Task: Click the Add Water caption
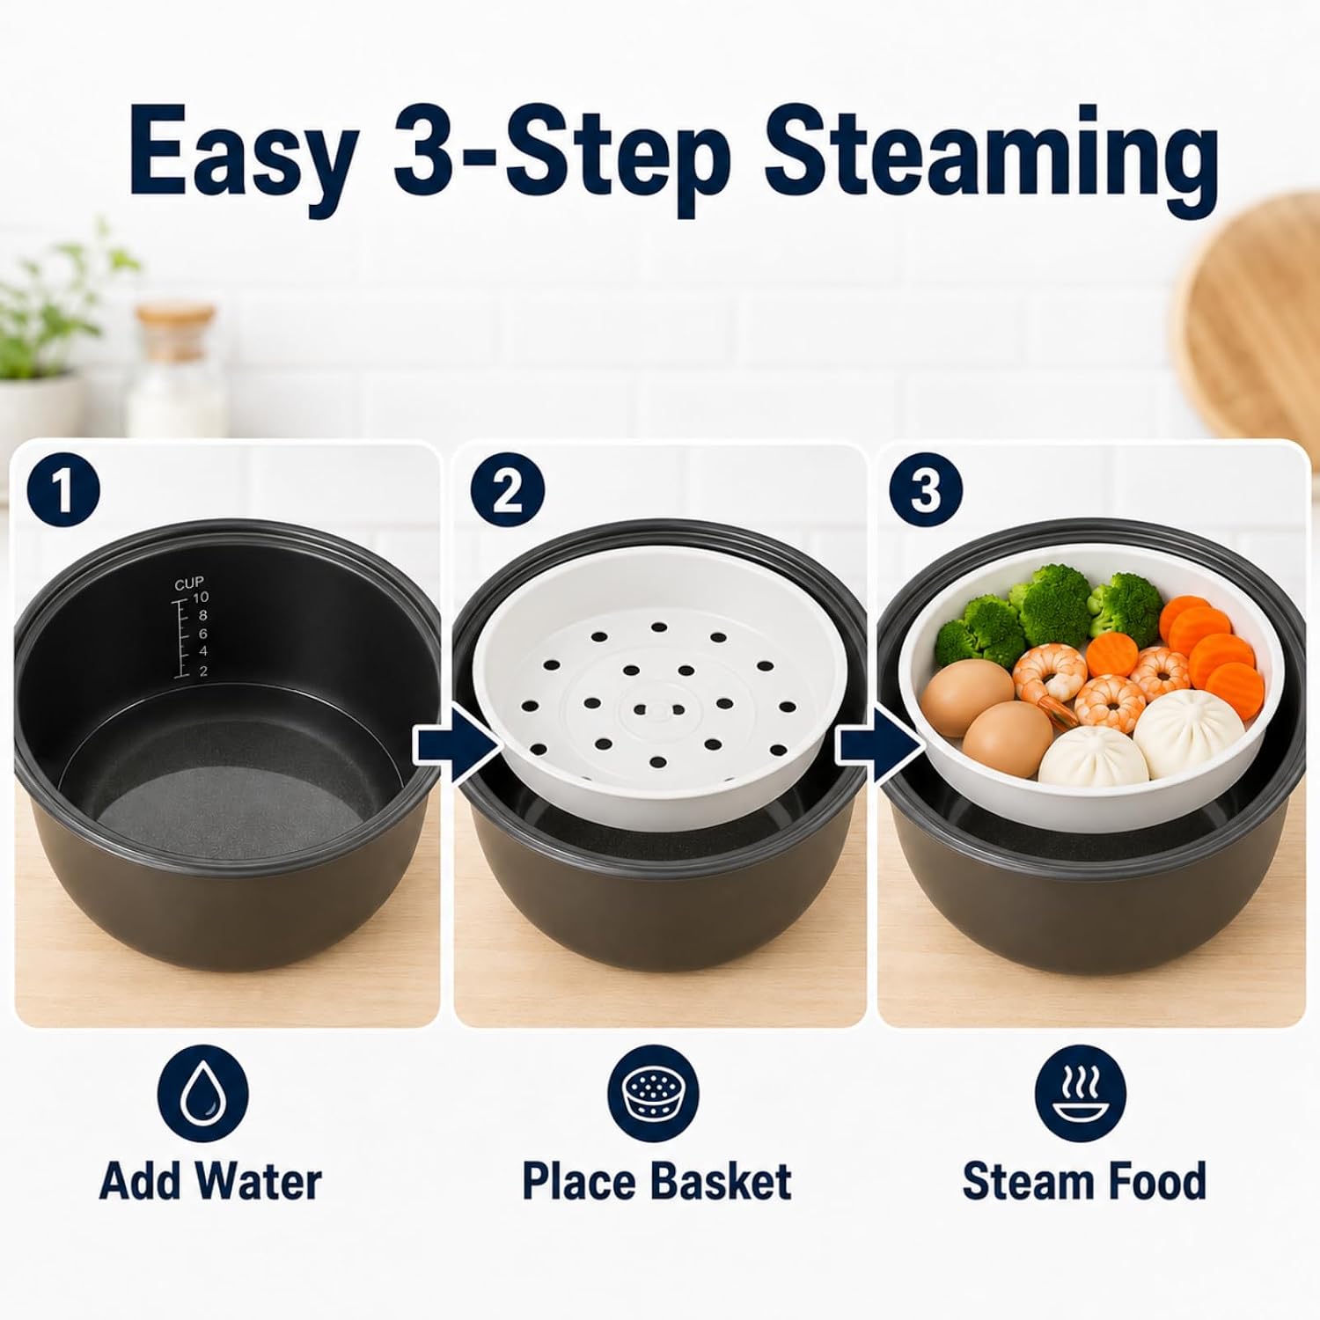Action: pos(211,1181)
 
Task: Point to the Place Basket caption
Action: pos(656,1181)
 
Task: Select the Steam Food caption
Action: pos(1084,1181)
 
